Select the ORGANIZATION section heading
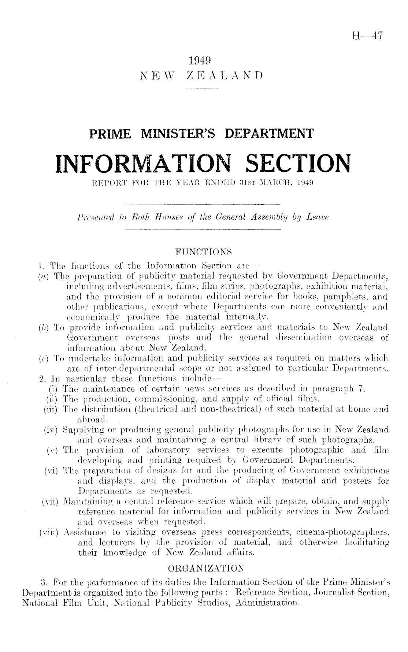point(205,568)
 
